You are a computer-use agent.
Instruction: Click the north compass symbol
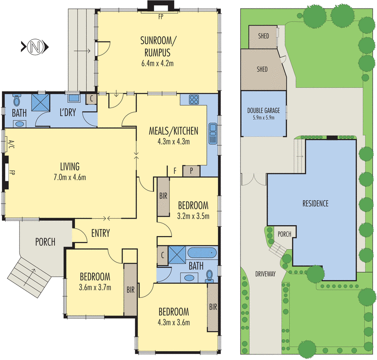(35, 47)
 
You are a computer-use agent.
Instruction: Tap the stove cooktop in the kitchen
(194, 99)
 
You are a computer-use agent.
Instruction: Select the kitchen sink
(213, 133)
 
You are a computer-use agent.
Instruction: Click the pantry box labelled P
(191, 171)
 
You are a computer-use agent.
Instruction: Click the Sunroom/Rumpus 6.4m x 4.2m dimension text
(157, 64)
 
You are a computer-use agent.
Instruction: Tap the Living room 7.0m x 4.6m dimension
(70, 178)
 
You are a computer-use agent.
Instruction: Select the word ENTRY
(100, 233)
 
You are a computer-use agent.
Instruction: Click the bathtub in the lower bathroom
(202, 253)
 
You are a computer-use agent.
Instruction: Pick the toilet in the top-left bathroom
(16, 100)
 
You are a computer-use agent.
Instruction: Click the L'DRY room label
(67, 112)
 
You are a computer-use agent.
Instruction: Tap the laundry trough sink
(74, 98)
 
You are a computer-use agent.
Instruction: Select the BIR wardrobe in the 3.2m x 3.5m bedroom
(163, 196)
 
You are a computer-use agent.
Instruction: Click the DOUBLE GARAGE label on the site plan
(263, 111)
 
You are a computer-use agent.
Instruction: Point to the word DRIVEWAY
(265, 274)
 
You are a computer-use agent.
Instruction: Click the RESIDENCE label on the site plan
(315, 204)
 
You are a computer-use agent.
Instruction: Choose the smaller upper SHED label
(263, 36)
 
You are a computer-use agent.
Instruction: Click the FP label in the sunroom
(161, 16)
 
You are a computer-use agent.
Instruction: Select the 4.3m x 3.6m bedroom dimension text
(173, 322)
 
